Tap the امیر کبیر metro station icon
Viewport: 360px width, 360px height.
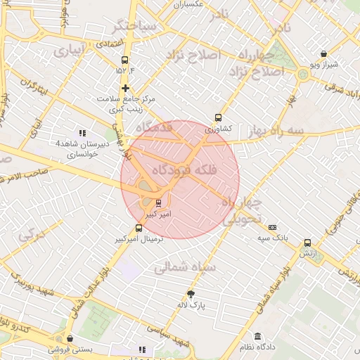click(x=157, y=203)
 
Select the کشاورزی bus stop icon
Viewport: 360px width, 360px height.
click(x=218, y=118)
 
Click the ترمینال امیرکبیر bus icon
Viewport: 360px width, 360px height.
click(x=138, y=228)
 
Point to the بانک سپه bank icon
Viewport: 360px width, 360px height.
click(x=272, y=227)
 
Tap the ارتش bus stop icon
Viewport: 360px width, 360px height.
click(x=307, y=243)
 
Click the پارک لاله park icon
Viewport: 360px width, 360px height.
click(x=191, y=294)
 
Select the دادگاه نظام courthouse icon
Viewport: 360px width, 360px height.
click(x=258, y=336)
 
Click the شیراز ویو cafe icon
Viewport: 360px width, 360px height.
click(x=323, y=53)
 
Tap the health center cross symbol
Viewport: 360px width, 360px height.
click(x=125, y=88)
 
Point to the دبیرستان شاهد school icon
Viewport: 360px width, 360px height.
click(x=82, y=132)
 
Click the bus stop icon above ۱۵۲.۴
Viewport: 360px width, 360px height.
click(x=125, y=60)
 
